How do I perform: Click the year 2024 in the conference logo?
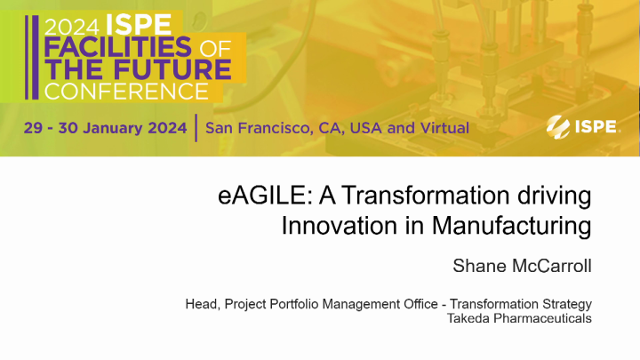(x=70, y=24)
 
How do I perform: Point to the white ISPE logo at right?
(x=582, y=126)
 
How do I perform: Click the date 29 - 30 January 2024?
(x=106, y=127)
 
